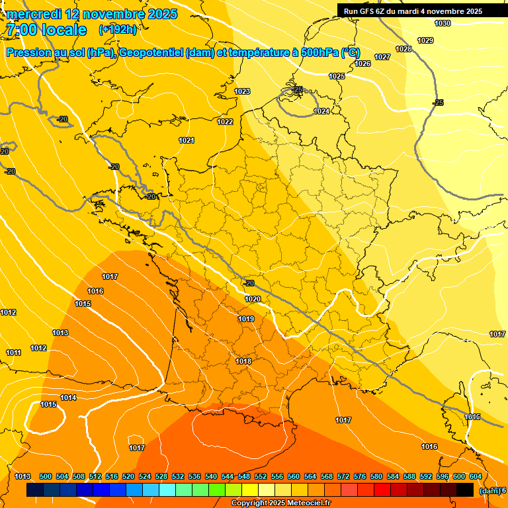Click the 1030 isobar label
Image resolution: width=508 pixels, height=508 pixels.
pyautogui.click(x=443, y=24)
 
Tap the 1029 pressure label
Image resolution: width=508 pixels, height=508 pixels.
pyautogui.click(x=426, y=41)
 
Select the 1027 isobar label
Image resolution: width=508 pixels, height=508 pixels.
pyautogui.click(x=382, y=58)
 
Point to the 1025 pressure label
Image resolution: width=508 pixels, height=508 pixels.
pyautogui.click(x=337, y=77)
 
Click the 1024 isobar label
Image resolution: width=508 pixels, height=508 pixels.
pyautogui.click(x=321, y=111)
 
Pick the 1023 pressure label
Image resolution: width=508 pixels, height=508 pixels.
pyautogui.click(x=242, y=91)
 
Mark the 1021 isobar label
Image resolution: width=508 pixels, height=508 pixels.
pyautogui.click(x=187, y=140)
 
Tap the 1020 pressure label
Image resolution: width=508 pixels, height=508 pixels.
pyautogui.click(x=253, y=299)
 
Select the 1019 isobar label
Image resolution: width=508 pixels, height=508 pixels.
pyautogui.click(x=246, y=319)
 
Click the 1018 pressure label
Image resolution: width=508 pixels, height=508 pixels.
pyautogui.click(x=243, y=361)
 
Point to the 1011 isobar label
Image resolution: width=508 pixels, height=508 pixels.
pyautogui.click(x=14, y=353)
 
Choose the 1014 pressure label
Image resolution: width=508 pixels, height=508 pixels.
pyautogui.click(x=68, y=398)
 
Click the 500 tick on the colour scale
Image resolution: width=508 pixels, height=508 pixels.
pyautogui.click(x=46, y=476)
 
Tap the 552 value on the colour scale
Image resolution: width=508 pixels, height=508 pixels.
pyautogui.click(x=261, y=476)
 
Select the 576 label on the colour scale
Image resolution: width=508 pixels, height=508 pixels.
pyautogui.click(x=360, y=476)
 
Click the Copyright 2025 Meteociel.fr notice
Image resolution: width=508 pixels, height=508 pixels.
pyautogui.click(x=280, y=503)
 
